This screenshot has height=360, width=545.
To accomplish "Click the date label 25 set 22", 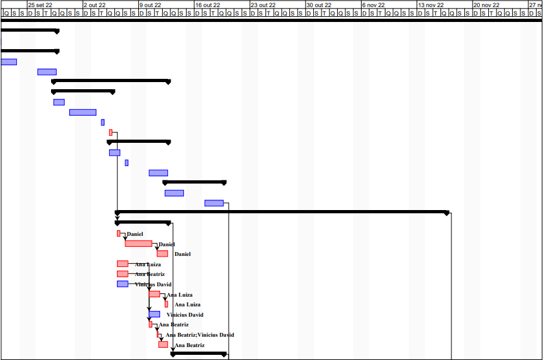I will pos(39,5).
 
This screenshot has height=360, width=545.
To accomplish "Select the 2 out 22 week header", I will pos(94,5).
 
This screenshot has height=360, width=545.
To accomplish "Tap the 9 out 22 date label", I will pos(150,5).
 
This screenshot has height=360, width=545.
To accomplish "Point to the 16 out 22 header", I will pos(207,5).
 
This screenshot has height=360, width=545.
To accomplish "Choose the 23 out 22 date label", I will pos(263,5).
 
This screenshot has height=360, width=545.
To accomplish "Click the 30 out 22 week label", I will pos(318,5).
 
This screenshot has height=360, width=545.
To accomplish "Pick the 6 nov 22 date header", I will pos(373,5).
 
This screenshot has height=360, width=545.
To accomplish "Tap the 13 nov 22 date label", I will pos(431,5).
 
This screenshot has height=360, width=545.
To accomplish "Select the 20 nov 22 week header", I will pos(486,5).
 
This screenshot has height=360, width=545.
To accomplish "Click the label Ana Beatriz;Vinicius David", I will pos(200,335).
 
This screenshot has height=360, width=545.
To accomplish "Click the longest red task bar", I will pos(138,244).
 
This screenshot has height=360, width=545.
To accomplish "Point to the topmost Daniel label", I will pos(135,234).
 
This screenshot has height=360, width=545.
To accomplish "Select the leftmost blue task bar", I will pos(8,62).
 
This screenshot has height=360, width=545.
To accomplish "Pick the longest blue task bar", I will pos(83,112).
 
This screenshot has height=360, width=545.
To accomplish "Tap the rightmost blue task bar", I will pos(214,203).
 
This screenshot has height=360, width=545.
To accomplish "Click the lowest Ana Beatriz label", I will pos(190,345).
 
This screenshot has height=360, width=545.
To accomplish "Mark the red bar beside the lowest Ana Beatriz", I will pos(163,344).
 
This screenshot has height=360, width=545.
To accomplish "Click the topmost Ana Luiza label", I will pos(148,264).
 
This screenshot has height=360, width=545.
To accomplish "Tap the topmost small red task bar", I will pos(111,132).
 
